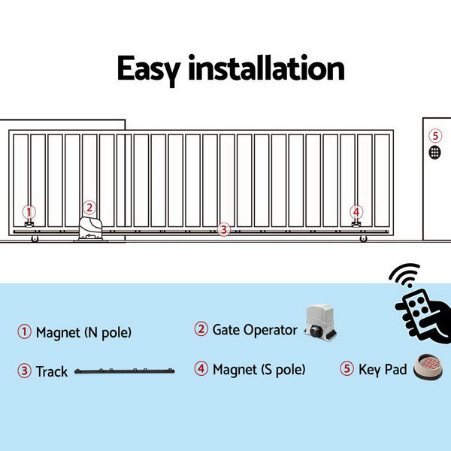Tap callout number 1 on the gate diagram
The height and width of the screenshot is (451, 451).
pyautogui.click(x=29, y=212)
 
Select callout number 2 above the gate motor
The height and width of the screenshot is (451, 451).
pyautogui.click(x=89, y=207)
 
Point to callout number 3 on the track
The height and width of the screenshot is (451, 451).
pyautogui.click(x=222, y=230)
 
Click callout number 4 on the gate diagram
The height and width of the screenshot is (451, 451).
pyautogui.click(x=356, y=212)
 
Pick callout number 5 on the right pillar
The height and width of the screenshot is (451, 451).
pyautogui.click(x=435, y=136)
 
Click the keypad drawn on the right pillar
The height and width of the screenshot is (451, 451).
pyautogui.click(x=435, y=152)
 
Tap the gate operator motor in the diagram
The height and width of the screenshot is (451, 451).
pyautogui.click(x=90, y=229)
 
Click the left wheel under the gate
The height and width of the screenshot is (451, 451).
pyautogui.click(x=35, y=239)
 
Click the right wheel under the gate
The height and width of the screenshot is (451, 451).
pyautogui.click(x=364, y=239)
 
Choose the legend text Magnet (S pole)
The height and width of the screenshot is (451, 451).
pyautogui.click(x=259, y=369)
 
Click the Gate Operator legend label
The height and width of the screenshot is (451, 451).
pyautogui.click(x=255, y=329)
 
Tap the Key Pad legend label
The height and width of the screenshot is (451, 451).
pyautogui.click(x=383, y=369)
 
